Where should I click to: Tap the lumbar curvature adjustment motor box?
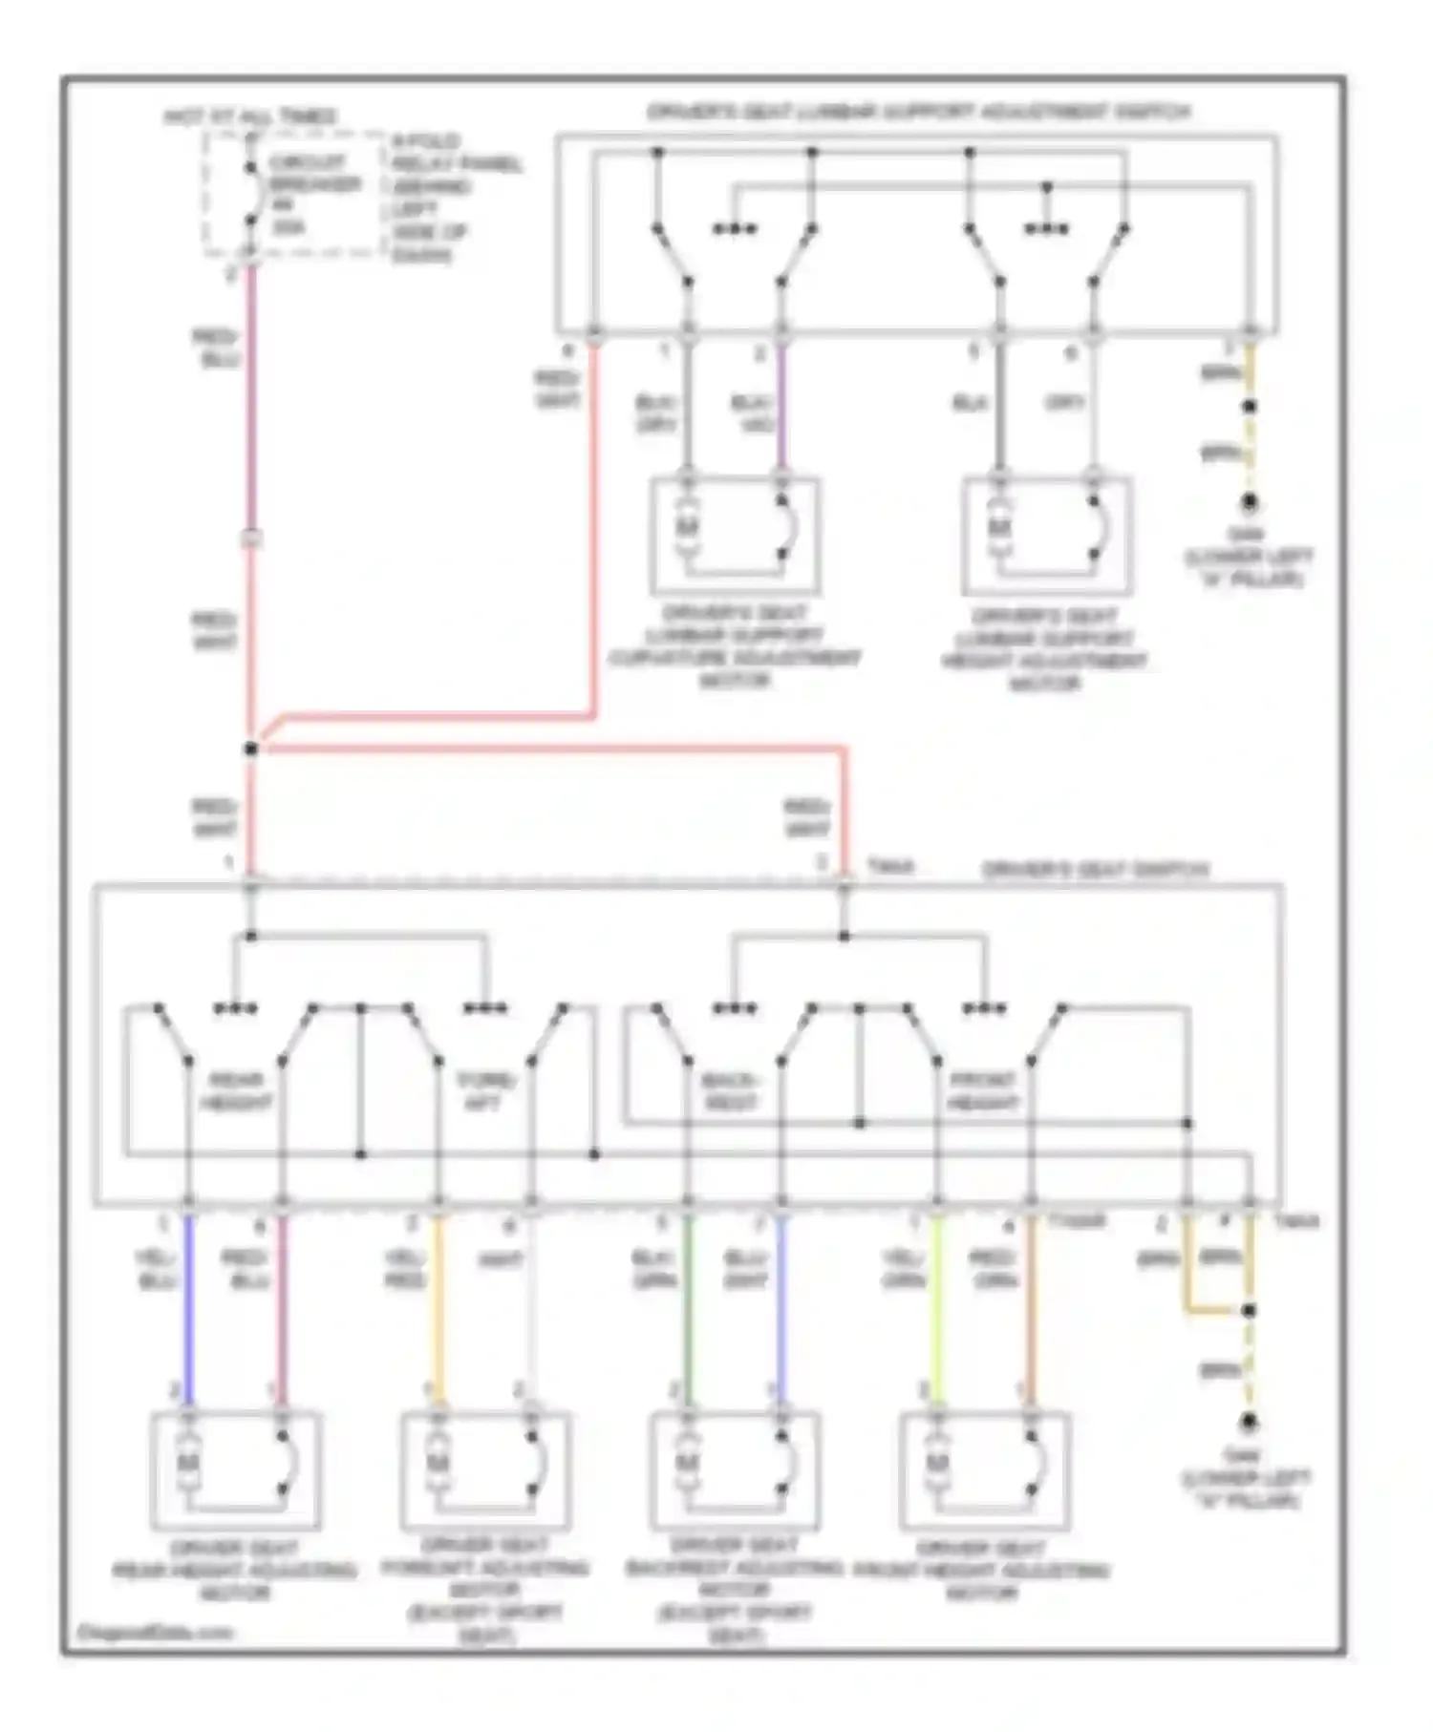click(735, 535)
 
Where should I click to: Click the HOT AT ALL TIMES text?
click(250, 116)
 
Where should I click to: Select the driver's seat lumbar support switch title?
click(918, 112)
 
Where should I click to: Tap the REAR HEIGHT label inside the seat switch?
click(235, 1091)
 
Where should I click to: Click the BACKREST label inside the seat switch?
click(730, 1091)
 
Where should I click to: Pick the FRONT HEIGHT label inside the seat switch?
click(982, 1091)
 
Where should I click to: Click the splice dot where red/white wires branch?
click(251, 750)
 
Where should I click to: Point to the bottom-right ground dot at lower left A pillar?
click(1248, 1424)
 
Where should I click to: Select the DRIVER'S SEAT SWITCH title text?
click(1095, 870)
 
